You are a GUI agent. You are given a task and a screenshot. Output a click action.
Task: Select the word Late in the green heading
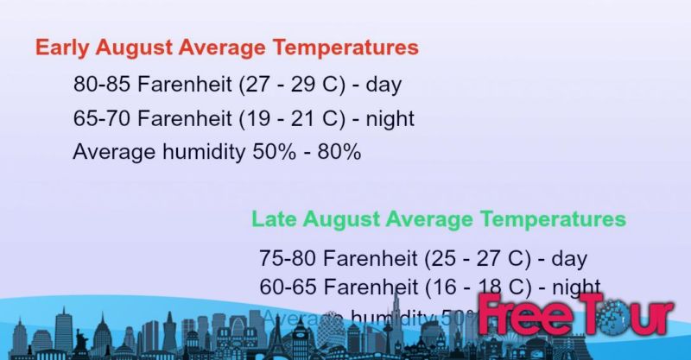(x=271, y=218)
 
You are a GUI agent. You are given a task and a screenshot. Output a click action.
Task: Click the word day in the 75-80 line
(x=569, y=257)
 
